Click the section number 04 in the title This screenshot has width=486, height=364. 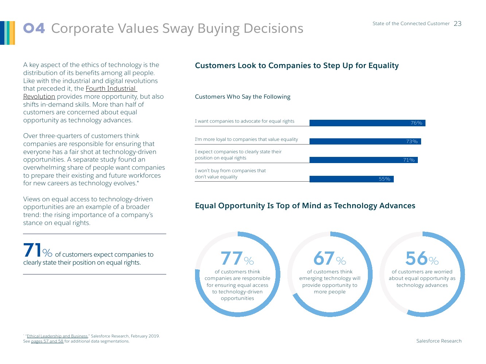tap(34, 28)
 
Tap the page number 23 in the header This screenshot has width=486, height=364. tap(458, 24)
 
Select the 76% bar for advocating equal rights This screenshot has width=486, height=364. tap(367, 123)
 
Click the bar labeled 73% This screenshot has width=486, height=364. tap(365, 141)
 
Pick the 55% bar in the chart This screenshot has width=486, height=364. tap(351, 179)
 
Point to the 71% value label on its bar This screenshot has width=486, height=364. tap(409, 160)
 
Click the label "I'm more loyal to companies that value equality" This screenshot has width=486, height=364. tap(246, 139)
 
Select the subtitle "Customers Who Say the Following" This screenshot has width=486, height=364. tap(242, 97)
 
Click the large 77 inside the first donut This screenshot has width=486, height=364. tap(232, 258)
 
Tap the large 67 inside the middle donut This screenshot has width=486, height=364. tap(324, 258)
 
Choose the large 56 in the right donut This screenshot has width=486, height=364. tap(416, 258)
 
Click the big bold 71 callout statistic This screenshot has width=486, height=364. tap(32, 250)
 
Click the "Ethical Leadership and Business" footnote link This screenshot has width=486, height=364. tap(57, 336)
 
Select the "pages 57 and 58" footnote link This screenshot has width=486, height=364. tap(47, 341)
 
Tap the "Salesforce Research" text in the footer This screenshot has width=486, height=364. tap(439, 341)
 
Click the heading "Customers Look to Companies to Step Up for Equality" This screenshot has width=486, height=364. tap(297, 66)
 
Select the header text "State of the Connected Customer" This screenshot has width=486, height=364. tap(411, 24)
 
